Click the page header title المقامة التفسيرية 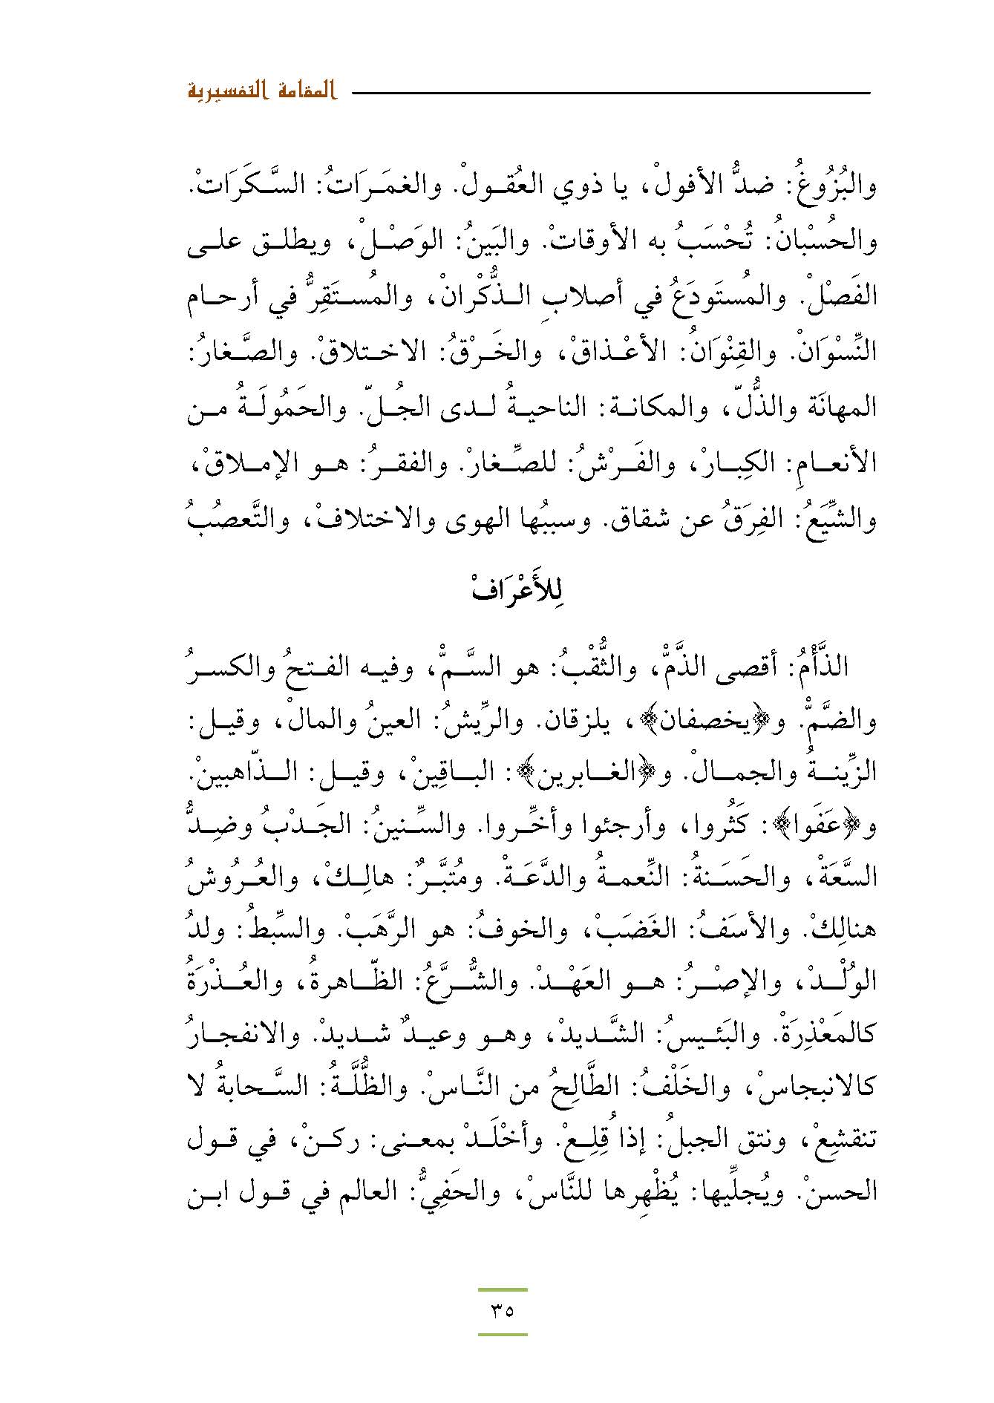click(261, 94)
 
